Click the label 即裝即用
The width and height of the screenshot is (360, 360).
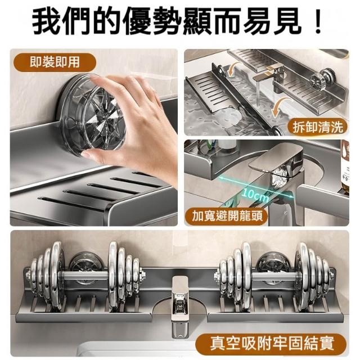(55, 62)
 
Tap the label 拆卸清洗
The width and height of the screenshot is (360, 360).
(318, 127)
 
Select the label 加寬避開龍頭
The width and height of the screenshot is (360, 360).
(227, 215)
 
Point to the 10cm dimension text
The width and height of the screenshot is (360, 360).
(255, 195)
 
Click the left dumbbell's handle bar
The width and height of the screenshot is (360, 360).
(85, 275)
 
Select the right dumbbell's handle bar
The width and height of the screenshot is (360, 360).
(274, 276)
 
